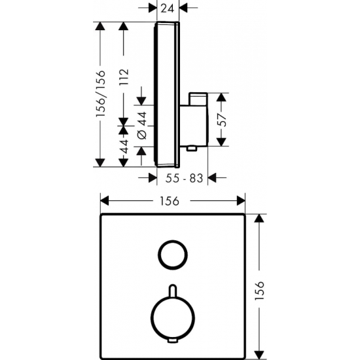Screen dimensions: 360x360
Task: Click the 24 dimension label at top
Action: point(167,9)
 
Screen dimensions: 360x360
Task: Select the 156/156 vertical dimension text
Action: point(101,93)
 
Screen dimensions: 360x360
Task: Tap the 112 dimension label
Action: point(124,77)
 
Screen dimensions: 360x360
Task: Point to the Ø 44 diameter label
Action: point(142,126)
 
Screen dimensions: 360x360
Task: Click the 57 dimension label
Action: point(223,120)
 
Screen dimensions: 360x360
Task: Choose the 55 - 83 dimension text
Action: point(184,178)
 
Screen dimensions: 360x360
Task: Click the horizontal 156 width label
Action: point(170,202)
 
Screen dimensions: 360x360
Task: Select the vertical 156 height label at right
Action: point(259,290)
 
